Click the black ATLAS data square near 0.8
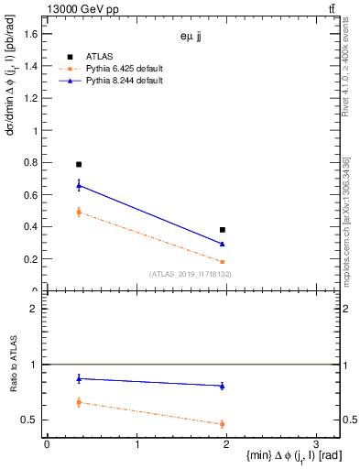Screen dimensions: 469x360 pos(79,164)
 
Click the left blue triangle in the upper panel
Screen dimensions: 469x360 pos(79,185)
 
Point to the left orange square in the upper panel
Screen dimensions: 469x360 pos(79,212)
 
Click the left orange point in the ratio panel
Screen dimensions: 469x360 pos(79,402)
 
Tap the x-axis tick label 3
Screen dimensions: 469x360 pos(316,444)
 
